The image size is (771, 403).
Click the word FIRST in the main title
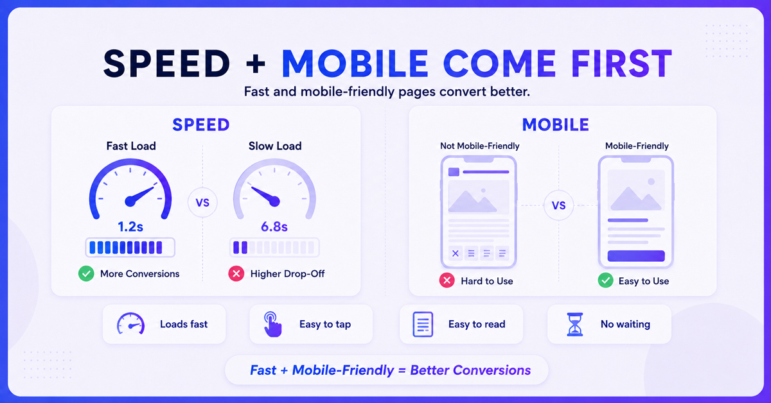point(622,64)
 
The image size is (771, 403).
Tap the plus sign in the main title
point(256,64)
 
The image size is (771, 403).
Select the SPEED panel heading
point(201,124)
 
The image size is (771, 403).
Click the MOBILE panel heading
point(556,124)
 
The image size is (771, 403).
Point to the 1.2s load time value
point(130,227)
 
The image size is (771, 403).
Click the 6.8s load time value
point(274,227)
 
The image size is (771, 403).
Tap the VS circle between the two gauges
point(202,203)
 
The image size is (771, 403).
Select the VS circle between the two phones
point(558,205)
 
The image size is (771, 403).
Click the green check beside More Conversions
point(86,274)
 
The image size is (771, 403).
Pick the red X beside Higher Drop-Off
point(236,274)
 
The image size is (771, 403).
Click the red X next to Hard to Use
point(447,280)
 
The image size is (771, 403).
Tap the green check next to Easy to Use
point(605,280)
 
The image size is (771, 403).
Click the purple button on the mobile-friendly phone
point(636,256)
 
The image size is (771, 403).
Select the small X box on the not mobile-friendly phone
point(456,253)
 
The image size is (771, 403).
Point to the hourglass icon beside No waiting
point(575,324)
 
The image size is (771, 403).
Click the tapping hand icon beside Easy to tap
point(272,324)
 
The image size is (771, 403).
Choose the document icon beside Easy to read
point(423,324)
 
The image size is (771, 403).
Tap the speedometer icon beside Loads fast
point(130,323)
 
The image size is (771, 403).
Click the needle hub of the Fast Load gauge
point(130,201)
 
